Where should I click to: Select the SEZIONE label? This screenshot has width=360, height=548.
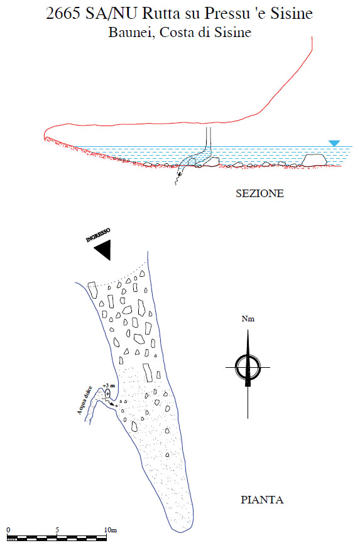(259, 193)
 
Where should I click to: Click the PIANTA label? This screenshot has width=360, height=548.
(262, 500)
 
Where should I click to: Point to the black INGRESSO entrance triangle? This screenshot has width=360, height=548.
(104, 249)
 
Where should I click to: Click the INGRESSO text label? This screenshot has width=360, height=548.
(98, 235)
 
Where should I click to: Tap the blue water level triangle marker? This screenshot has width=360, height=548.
(334, 143)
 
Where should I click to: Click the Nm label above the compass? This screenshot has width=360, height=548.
(248, 319)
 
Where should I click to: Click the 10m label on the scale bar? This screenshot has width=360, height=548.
(111, 530)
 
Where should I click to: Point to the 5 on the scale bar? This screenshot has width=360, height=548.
(57, 530)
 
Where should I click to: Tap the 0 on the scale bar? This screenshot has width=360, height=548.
(8, 530)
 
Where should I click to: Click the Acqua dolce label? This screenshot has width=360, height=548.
(84, 400)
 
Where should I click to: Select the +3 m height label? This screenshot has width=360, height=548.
(109, 385)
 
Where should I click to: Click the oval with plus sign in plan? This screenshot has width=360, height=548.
(108, 394)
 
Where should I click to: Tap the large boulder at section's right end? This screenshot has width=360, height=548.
(315, 160)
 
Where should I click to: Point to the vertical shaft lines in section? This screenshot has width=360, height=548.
(208, 137)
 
